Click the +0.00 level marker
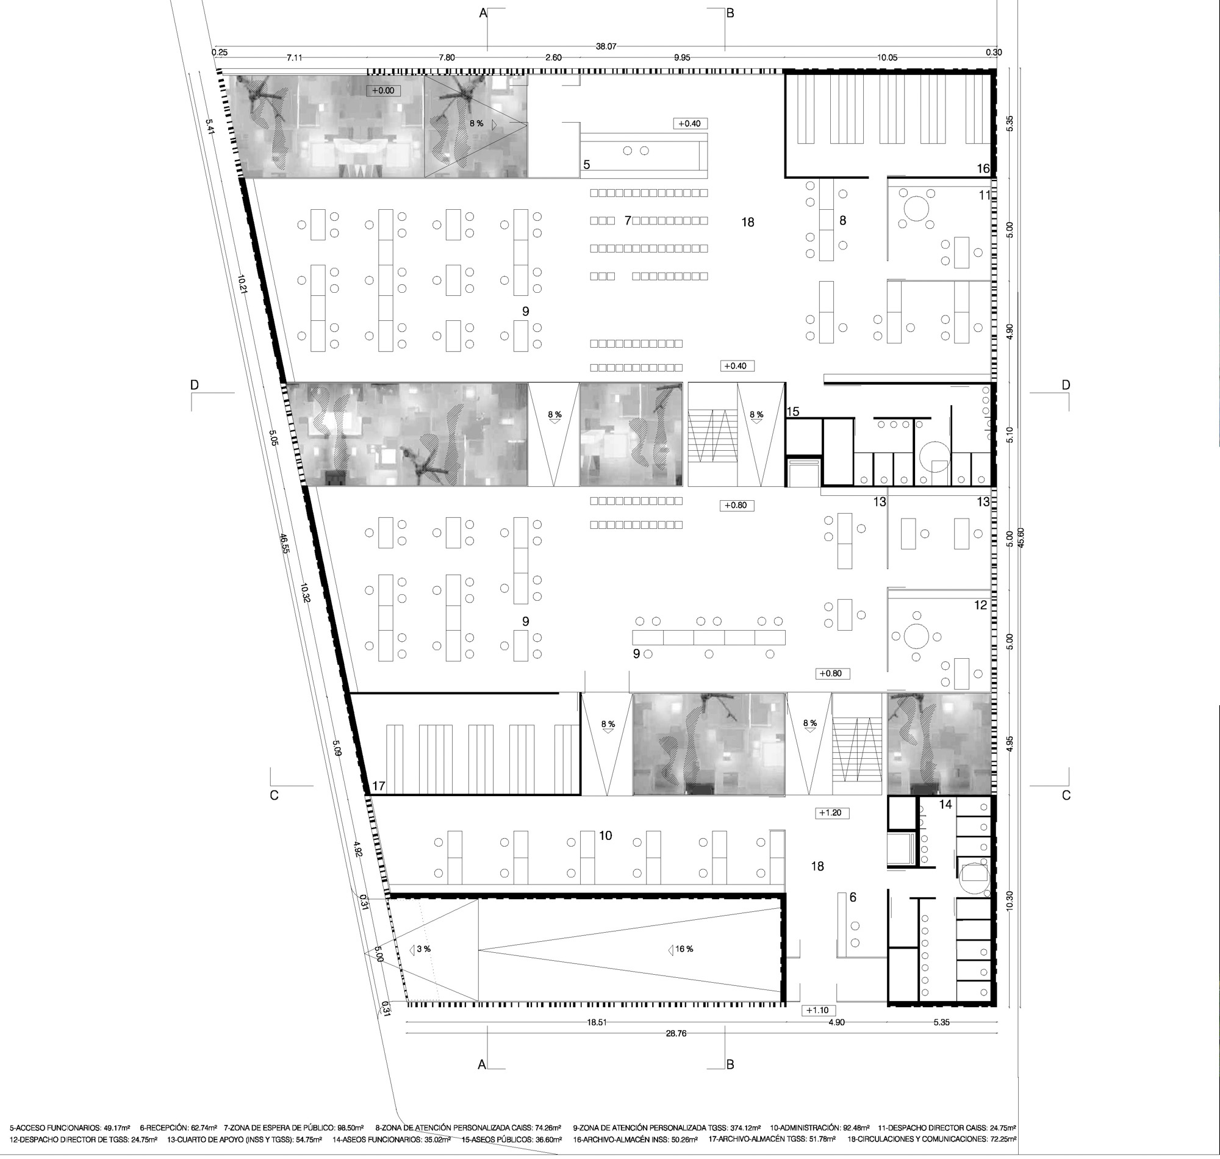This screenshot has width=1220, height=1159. click(x=383, y=91)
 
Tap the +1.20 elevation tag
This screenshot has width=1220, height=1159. click(x=831, y=813)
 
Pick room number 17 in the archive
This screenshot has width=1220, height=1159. click(x=379, y=786)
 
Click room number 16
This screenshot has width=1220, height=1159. click(x=983, y=168)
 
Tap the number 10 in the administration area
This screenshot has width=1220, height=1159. click(x=605, y=835)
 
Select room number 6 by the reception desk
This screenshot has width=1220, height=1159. click(x=853, y=897)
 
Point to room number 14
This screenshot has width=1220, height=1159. click(x=945, y=805)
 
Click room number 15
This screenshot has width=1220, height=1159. click(x=793, y=412)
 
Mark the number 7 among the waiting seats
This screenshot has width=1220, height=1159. click(x=628, y=221)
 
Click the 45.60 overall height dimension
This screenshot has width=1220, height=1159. click(x=1021, y=537)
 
